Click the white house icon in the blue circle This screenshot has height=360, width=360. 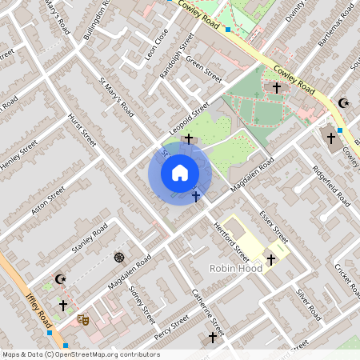179,173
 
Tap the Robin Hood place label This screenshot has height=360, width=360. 236,269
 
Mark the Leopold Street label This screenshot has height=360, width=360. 189,118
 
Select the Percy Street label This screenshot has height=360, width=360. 171,326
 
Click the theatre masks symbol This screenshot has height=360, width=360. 82,318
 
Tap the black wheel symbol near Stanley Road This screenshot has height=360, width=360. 119,257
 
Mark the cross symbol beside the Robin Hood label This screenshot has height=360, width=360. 270,259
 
